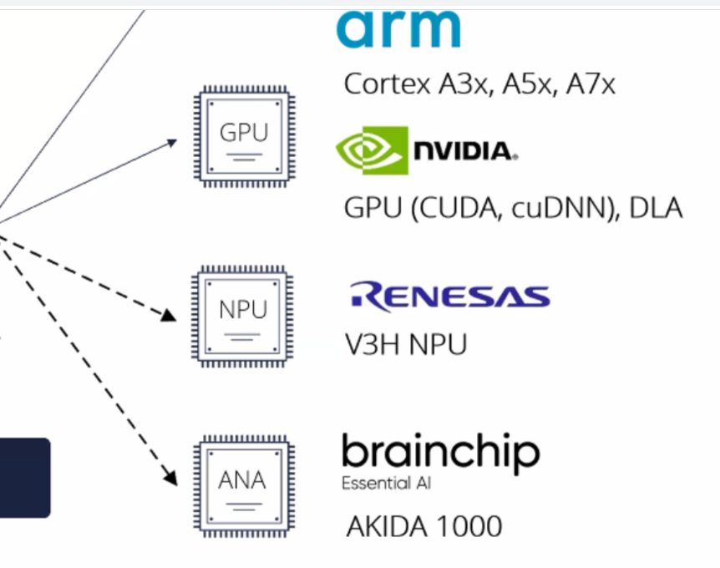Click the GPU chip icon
pos(243,134)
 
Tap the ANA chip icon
pos(243,482)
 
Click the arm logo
pos(398,29)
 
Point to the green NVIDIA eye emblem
pos(372,150)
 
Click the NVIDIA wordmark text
pos(465,151)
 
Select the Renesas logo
pos(449,297)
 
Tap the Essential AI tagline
pos(387,484)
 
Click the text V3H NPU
pos(406,344)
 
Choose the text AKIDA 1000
pos(424,526)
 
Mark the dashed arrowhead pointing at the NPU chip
pos(169,315)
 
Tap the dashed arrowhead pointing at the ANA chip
pos(170,479)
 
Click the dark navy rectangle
pos(24,477)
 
